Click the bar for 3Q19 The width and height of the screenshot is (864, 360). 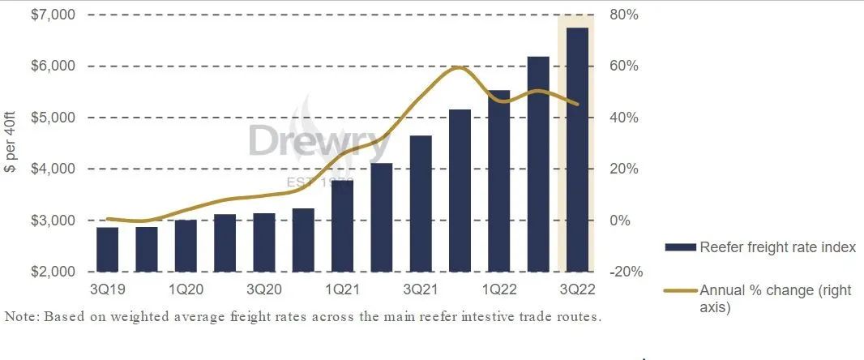pyautogui.click(x=107, y=250)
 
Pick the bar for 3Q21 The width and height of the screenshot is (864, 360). pyautogui.click(x=421, y=204)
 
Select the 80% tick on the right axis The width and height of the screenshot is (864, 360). pyautogui.click(x=623, y=15)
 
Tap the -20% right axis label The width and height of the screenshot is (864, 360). pyautogui.click(x=625, y=272)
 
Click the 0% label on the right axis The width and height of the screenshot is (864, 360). pyautogui.click(x=620, y=221)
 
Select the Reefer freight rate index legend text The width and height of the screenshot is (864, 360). pyautogui.click(x=777, y=247)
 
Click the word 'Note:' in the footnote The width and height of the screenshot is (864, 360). pyautogui.click(x=21, y=316)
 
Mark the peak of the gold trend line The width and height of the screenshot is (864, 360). pyautogui.click(x=458, y=67)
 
